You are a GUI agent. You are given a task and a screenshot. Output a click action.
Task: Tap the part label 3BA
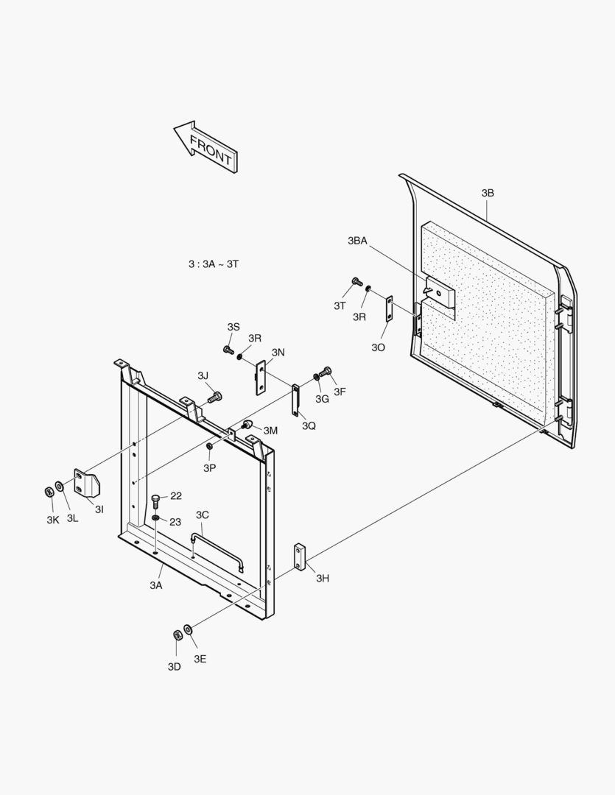coord(357,241)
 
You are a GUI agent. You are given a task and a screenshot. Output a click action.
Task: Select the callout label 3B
coord(488,193)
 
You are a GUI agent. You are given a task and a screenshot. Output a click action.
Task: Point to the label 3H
coord(323,579)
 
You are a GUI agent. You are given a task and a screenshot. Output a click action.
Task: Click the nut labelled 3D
coord(178,635)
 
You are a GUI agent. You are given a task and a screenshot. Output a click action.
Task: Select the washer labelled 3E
coord(189,629)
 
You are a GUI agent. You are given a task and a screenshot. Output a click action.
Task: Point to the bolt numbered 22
coord(156,501)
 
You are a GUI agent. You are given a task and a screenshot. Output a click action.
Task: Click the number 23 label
coord(175,522)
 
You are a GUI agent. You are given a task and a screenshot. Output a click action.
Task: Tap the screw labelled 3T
coord(356,282)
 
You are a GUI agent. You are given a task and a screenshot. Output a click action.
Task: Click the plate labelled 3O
coord(390,308)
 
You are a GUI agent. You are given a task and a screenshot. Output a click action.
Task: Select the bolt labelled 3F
coord(327,372)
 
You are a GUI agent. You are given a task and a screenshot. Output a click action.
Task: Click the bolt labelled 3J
coord(214,397)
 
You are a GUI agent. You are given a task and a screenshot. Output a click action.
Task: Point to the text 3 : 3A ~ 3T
coord(214,263)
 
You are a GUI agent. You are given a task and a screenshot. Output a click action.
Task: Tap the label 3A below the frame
coord(155,585)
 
